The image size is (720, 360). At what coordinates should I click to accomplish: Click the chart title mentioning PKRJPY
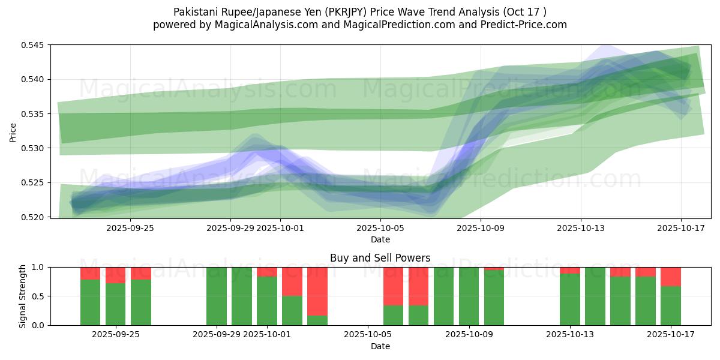pos(359,11)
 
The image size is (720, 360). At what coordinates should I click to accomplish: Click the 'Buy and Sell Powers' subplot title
pos(380,258)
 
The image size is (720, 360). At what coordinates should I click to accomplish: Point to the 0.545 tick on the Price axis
pos(35,45)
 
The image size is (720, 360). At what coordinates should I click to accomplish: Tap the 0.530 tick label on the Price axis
pos(35,148)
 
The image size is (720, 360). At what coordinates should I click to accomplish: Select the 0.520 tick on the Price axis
pos(35,217)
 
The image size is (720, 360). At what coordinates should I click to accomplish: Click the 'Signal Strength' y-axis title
pos(23,296)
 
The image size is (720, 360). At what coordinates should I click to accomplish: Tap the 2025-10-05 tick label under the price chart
pos(381,228)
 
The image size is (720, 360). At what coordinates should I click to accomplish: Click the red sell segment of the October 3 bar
pos(317,291)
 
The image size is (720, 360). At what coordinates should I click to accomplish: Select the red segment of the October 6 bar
pos(393,286)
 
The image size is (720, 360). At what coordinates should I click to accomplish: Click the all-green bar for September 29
pos(217,296)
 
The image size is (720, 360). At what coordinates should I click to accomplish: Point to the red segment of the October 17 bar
pos(670,277)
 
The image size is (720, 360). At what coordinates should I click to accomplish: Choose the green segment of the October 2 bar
pos(292,311)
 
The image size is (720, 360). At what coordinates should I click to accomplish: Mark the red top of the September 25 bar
pos(116,275)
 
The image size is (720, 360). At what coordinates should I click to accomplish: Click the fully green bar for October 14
pos(595,296)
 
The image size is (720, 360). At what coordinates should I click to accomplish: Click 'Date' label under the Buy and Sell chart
pos(380,346)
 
